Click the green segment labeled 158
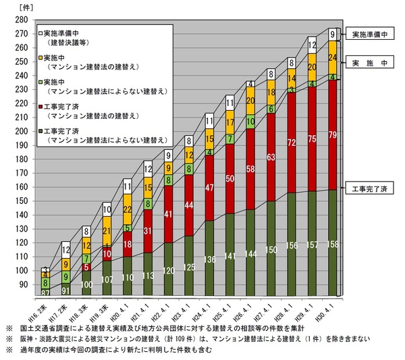point(331,242)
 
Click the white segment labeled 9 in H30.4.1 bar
point(331,34)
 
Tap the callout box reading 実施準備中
point(369,33)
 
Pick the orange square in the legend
point(41,58)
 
